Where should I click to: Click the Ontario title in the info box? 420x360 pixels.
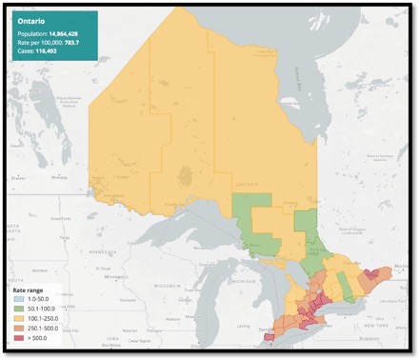tap(31, 18)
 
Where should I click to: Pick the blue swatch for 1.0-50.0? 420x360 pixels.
tap(17, 300)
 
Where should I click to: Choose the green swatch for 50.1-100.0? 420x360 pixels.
tap(17, 310)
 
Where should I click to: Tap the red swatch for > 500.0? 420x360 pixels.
tap(17, 338)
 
